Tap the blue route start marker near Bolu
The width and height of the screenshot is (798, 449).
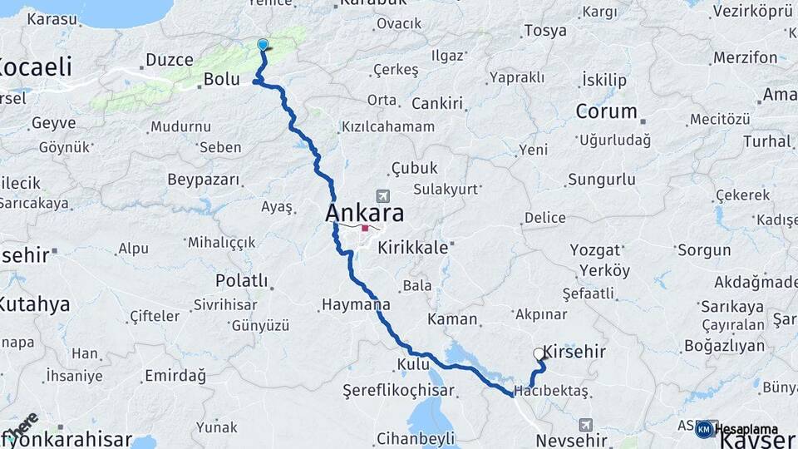[264, 45]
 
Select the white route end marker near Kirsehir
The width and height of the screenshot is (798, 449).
[539, 353]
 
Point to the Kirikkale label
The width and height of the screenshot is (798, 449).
[413, 248]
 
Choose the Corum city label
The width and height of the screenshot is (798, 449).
[607, 111]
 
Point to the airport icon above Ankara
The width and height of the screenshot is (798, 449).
[382, 196]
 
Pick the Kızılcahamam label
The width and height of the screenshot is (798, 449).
[387, 127]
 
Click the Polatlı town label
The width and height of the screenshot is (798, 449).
[241, 280]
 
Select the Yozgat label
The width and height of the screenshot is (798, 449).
[596, 249]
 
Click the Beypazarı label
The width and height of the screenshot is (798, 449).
[204, 180]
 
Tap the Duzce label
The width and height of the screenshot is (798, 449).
[169, 60]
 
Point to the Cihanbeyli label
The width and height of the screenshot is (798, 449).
[415, 438]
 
